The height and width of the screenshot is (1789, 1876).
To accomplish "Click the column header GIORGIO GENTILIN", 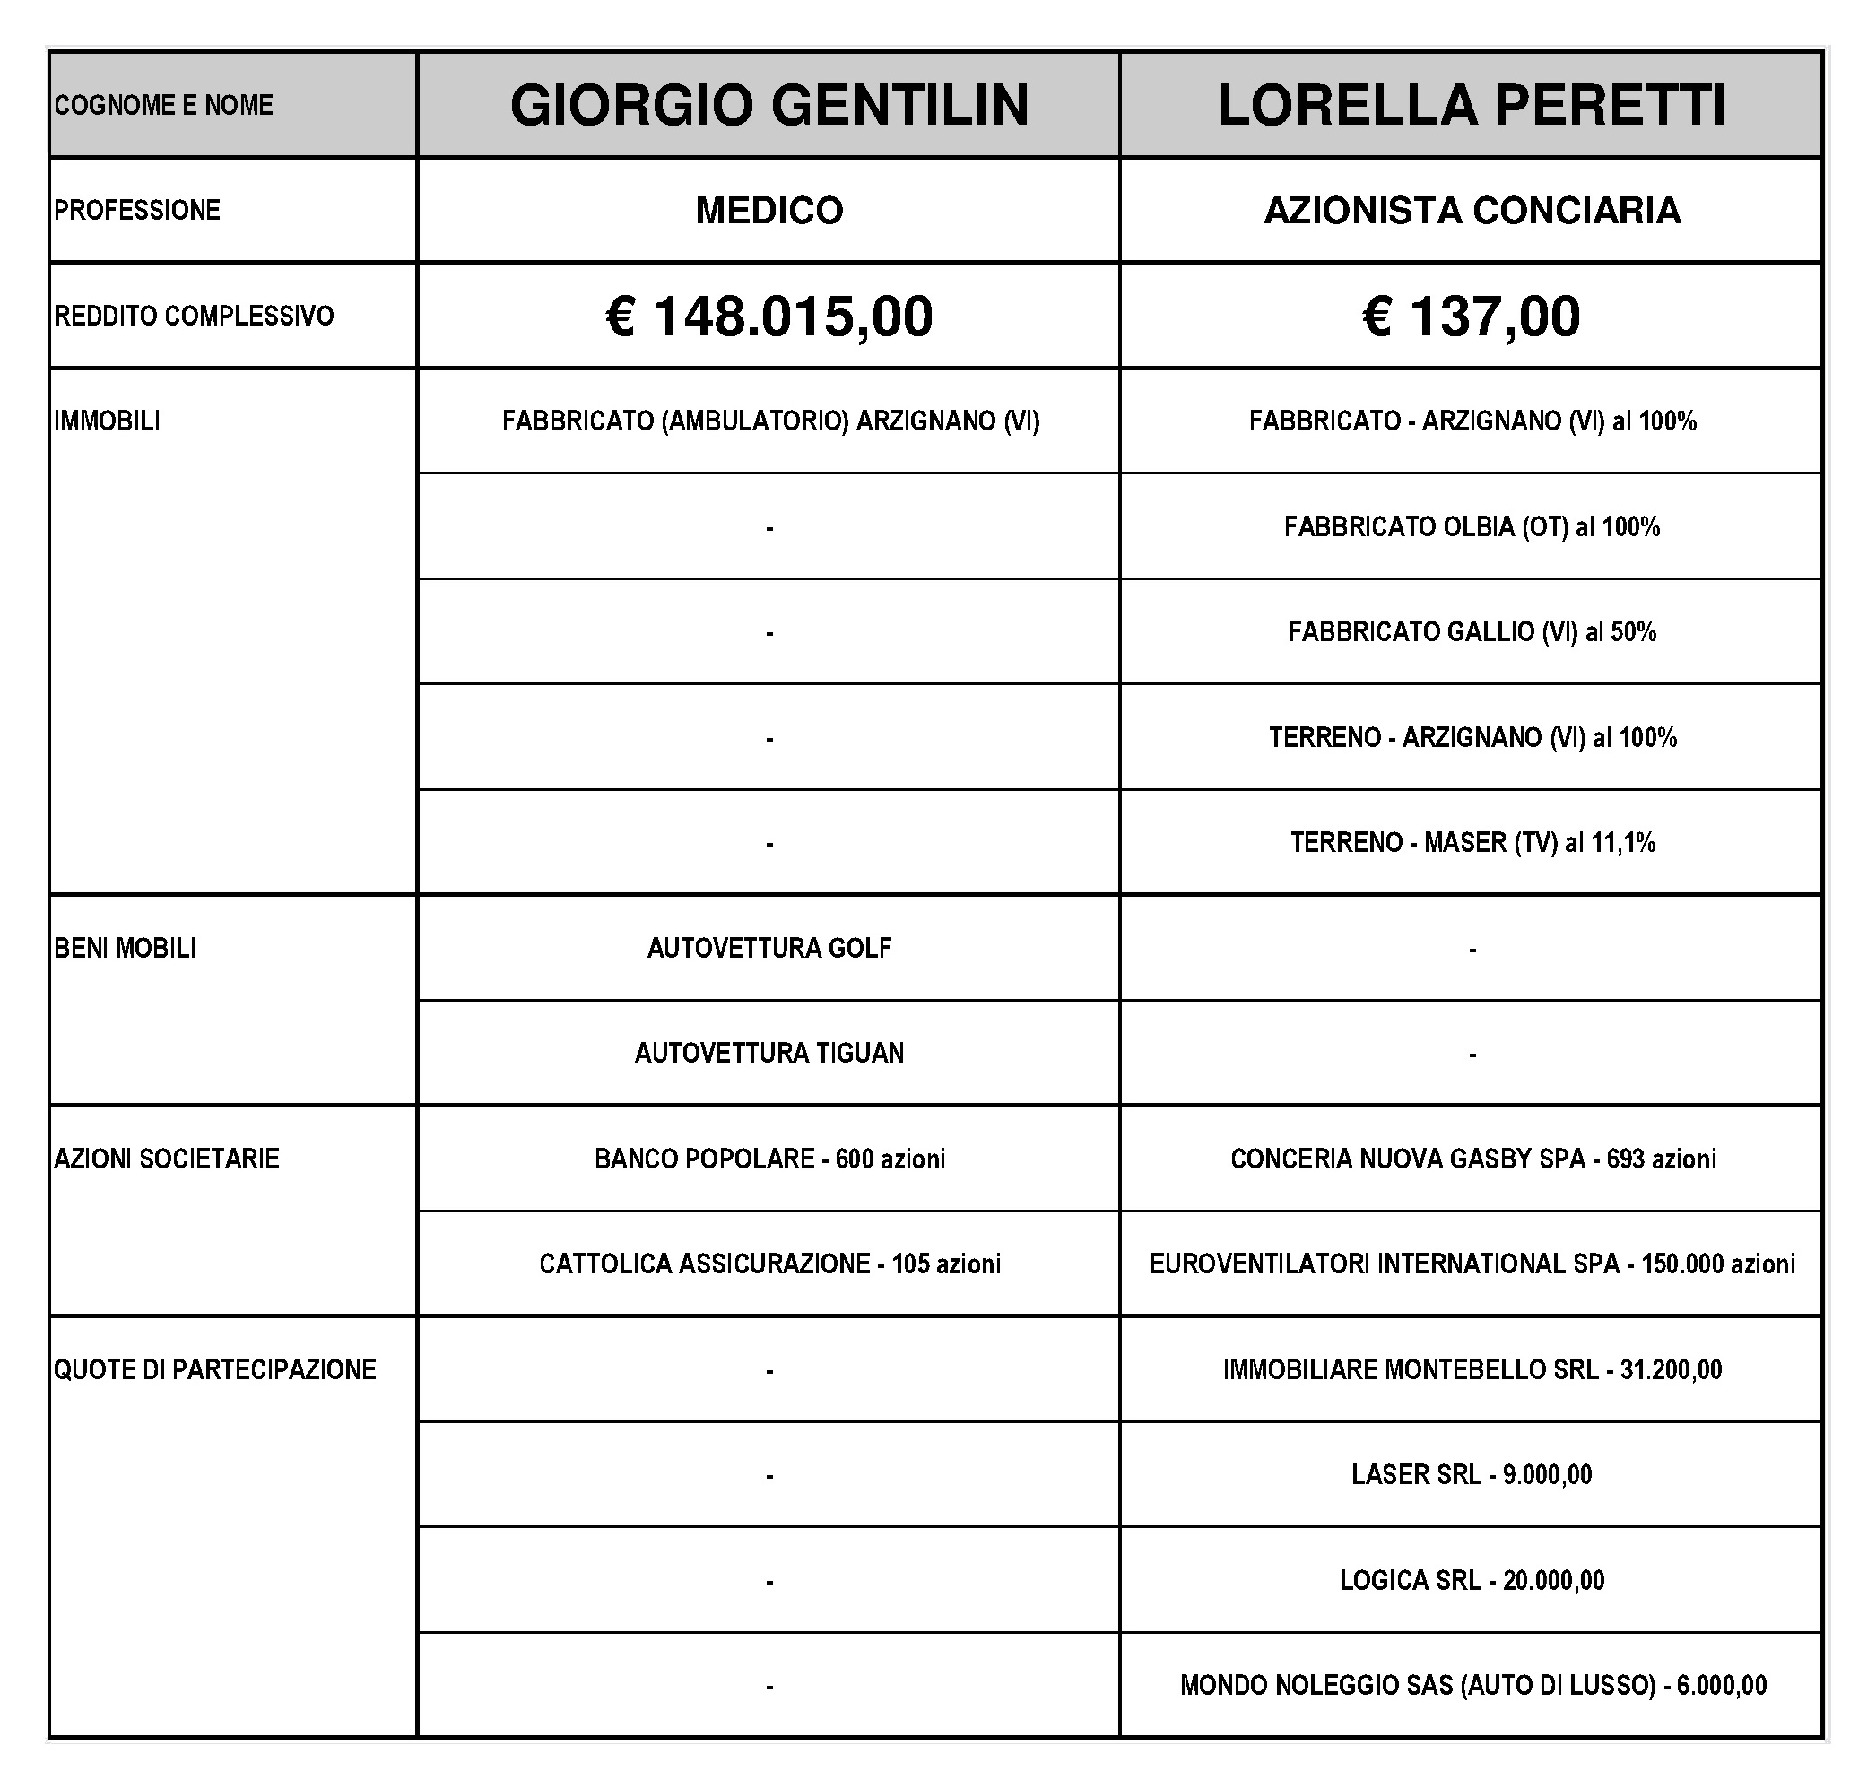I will pos(769,105).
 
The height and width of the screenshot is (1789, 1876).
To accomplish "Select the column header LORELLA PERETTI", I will pos(1472,105).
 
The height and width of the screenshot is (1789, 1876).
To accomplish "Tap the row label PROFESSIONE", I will pos(137,210).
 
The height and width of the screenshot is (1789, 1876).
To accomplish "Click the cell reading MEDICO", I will pos(769,211).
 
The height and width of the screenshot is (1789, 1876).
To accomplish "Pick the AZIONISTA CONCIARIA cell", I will pos(1472,211).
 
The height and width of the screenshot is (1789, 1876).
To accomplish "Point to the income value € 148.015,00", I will pos(769,317).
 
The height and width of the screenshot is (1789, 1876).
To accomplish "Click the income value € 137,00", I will pos(1472,317).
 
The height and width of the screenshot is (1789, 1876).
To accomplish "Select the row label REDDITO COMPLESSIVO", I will pos(194,316).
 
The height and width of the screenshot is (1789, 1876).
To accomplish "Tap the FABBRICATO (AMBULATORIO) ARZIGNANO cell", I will pos(770,421).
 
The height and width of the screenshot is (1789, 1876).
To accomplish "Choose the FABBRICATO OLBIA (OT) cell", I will pos(1472,526).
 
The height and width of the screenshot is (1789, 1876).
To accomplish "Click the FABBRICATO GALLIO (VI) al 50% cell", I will pos(1472,632).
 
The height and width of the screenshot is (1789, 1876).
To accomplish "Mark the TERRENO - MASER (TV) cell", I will pos(1472,842).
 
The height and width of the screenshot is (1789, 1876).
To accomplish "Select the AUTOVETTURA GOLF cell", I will pos(769,948).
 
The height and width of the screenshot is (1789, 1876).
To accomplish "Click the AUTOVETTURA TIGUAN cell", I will pos(769,1053).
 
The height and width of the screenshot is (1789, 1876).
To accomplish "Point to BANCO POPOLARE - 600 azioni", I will pos(769,1159).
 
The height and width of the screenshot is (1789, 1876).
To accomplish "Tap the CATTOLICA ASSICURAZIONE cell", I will pos(769,1264).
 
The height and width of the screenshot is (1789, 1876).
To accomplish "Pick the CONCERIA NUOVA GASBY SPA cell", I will pos(1472,1159).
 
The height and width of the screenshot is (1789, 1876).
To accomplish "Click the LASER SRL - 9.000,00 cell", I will pos(1472,1474).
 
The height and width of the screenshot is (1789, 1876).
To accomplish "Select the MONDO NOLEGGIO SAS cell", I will pos(1472,1685).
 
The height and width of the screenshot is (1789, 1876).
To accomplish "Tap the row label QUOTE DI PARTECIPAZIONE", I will pos(214,1369).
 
